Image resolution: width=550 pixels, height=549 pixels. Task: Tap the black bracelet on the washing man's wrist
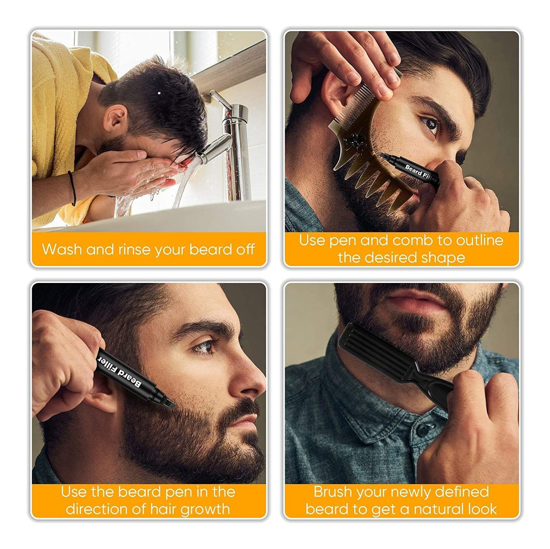(72, 188)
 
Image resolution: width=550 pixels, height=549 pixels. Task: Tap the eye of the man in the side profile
(204, 347)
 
